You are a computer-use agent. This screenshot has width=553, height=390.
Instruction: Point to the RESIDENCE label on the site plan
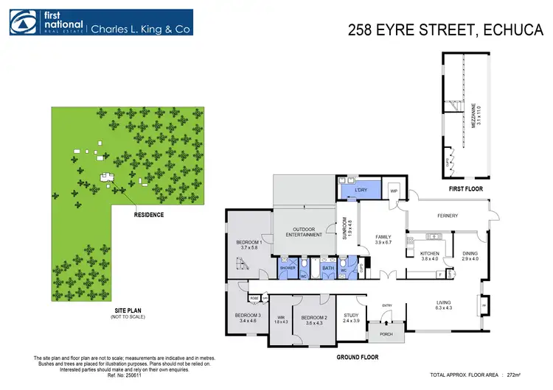tap(148, 215)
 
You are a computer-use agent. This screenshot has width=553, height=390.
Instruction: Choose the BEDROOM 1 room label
tap(250, 243)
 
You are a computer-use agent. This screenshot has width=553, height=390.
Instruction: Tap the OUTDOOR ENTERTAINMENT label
tap(303, 231)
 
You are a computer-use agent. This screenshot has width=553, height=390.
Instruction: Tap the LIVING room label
tap(444, 302)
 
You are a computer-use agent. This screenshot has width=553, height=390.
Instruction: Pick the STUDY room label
tap(351, 316)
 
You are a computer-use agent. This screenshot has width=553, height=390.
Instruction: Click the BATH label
tap(328, 269)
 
